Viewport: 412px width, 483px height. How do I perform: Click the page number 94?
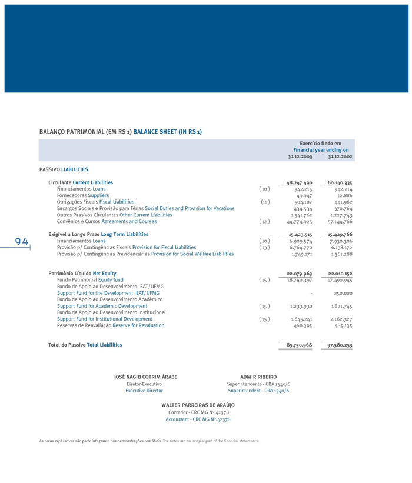point(22,242)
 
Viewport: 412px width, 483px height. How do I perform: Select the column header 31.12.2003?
point(300,157)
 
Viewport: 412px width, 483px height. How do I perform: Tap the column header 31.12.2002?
point(340,157)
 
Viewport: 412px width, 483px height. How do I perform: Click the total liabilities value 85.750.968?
point(299,345)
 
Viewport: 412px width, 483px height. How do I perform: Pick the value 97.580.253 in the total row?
point(340,345)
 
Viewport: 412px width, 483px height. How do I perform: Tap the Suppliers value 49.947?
point(305,195)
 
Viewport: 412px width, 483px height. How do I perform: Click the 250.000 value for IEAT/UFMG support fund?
point(343,293)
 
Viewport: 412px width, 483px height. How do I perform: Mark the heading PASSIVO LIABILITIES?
point(64,169)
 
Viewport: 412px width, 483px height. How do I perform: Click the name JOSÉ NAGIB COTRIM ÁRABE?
point(145,377)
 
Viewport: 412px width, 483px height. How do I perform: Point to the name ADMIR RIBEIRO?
point(258,377)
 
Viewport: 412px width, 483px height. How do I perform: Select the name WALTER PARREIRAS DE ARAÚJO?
point(198,405)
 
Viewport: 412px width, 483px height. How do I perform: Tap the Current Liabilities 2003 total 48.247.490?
point(299,182)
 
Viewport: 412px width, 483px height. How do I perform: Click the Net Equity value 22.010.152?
point(340,274)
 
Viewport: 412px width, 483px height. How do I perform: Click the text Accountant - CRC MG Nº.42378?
point(198,419)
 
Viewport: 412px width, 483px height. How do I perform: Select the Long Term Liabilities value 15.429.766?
point(340,234)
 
